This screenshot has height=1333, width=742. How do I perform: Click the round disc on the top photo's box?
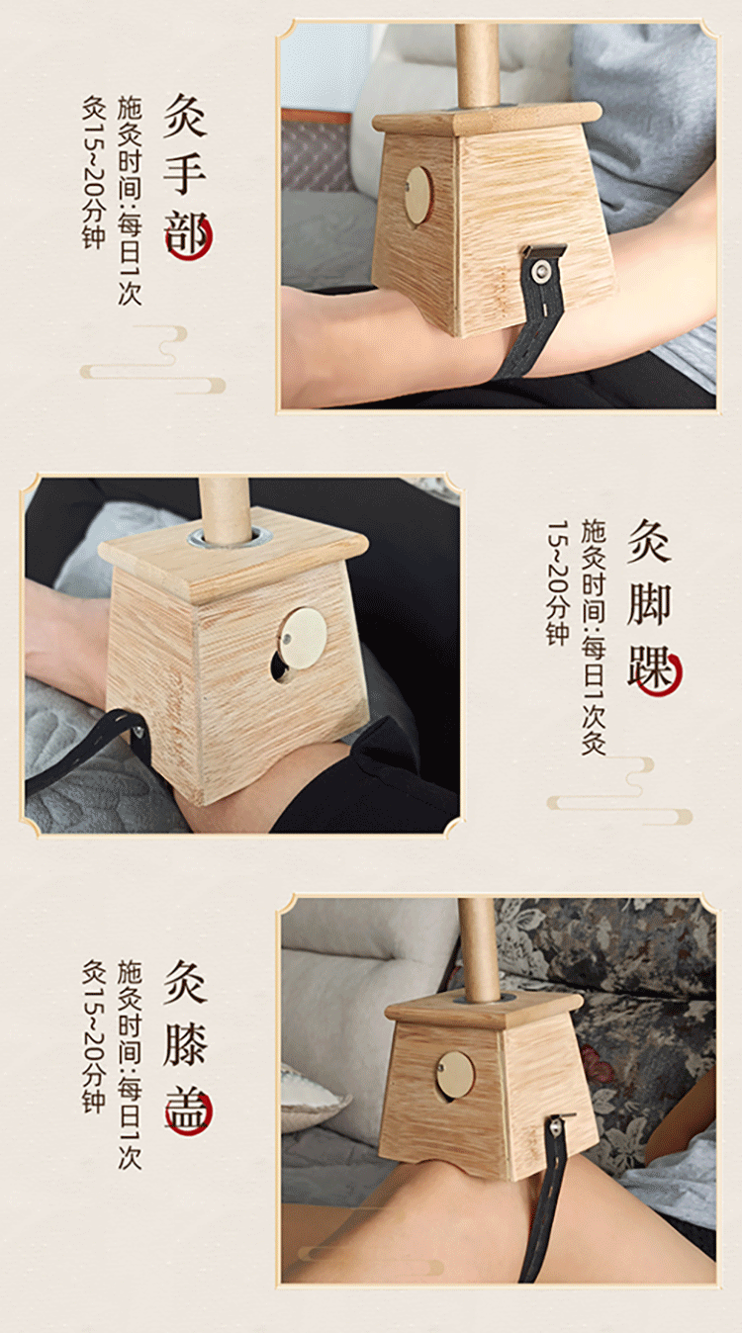pos(418,195)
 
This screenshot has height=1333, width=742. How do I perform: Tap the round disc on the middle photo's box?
pos(302,637)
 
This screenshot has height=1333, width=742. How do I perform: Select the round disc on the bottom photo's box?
pos(455,1074)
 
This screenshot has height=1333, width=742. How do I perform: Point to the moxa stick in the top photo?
pos(477,64)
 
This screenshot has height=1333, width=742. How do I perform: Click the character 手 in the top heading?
pos(185,171)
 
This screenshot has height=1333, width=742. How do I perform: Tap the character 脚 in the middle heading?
pos(649,604)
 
